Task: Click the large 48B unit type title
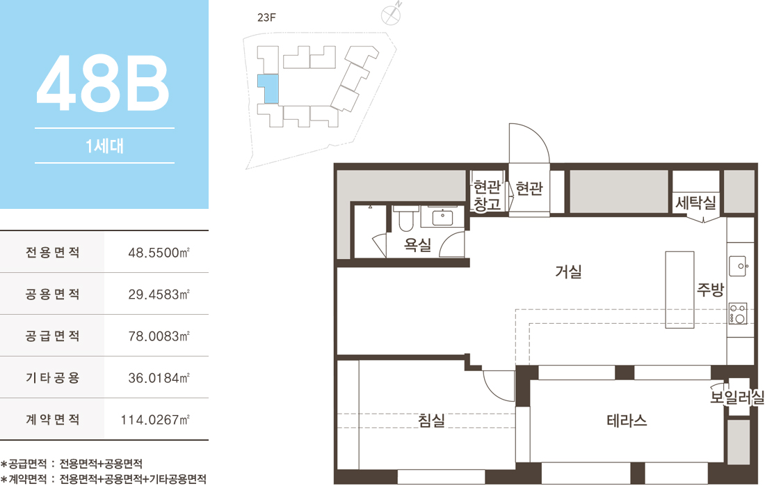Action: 104,82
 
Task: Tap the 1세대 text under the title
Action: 104,146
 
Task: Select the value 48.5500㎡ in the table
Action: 159,253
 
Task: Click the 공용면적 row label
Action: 53,294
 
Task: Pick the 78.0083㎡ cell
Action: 159,336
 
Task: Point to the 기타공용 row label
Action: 53,377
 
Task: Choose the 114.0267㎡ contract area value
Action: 155,420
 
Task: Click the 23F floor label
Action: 266,17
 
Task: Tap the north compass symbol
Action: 391,15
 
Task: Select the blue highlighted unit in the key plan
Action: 268,89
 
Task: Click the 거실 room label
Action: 568,272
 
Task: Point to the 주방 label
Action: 710,290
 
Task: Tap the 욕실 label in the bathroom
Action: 418,244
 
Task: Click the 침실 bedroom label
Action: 431,420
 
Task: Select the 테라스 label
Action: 627,421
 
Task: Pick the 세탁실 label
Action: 695,202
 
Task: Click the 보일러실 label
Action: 737,397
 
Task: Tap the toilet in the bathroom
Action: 406,218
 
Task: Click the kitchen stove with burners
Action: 738,313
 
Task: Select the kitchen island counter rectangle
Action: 679,290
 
